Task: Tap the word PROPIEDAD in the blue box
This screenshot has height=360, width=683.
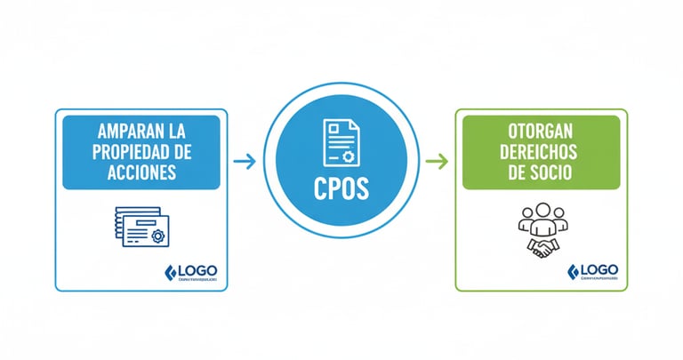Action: pyautogui.click(x=131, y=151)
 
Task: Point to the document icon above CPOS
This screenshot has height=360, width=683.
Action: pyautogui.click(x=341, y=142)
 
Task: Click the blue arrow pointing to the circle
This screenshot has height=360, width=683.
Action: pyautogui.click(x=245, y=162)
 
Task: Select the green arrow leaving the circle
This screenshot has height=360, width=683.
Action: pyautogui.click(x=436, y=162)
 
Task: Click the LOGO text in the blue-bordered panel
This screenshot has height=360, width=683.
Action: pyautogui.click(x=197, y=271)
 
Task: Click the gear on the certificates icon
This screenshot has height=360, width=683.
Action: pyautogui.click(x=157, y=236)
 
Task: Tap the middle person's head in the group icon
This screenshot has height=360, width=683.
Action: pyautogui.click(x=541, y=212)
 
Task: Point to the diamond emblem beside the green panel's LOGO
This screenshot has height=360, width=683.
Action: pyautogui.click(x=572, y=271)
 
